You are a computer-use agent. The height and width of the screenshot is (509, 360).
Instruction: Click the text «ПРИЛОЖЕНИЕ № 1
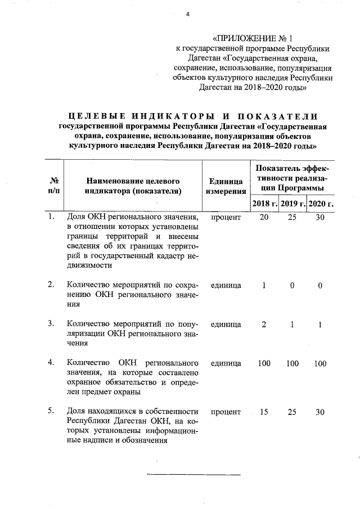254,39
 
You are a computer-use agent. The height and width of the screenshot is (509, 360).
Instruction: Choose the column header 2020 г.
321,203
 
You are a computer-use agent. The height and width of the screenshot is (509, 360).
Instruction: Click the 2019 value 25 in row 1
292,217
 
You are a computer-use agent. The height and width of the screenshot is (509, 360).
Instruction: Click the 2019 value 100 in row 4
292,363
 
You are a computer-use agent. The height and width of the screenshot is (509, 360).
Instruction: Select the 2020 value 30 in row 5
320,412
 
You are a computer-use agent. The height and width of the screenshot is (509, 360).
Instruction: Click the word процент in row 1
226,217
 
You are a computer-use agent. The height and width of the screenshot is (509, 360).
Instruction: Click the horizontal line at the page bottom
193,475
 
